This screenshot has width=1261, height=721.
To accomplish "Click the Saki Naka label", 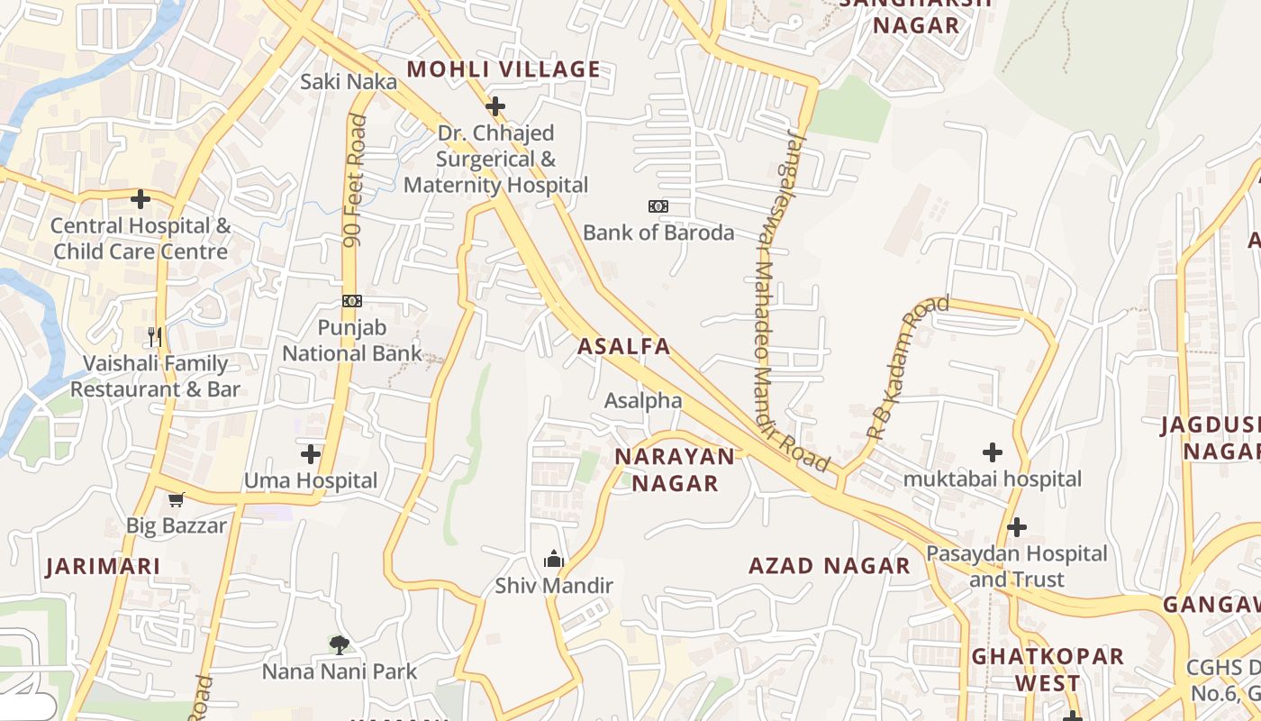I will pos(348,82).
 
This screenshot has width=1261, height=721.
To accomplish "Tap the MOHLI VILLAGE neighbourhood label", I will pos(503,69).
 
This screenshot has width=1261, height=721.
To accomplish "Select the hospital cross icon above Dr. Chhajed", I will pos(494,106).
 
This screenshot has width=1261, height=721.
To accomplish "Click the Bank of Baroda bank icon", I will pos(658,206).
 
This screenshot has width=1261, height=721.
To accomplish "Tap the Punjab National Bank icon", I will pos(352,301).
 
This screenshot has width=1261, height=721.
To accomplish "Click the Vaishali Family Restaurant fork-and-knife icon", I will pos(155,337).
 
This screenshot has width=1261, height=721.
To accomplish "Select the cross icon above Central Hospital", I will pos(141,198).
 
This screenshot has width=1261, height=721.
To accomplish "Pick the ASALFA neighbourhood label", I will pos(624,346).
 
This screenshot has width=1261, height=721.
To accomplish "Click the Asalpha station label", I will pos(643,400).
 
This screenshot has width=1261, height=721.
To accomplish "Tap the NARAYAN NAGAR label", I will pos(675,470).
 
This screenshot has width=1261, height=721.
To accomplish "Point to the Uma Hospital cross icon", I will pos(311,453).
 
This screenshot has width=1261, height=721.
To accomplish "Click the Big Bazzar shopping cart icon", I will pos(177,499).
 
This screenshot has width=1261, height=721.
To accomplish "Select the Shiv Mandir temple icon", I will pos(553,560).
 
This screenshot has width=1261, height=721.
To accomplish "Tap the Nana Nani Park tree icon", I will pos(340,644).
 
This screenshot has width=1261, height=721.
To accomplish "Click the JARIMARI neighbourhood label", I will pos(104,566).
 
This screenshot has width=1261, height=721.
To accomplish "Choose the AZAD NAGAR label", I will pos(830,566).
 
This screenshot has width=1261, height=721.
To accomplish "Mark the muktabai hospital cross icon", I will pos(993,452).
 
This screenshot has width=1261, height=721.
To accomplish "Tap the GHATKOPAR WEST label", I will pos(1048,669).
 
